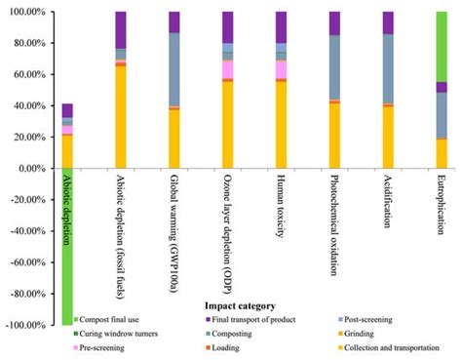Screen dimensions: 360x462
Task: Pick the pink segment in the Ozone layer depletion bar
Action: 228,69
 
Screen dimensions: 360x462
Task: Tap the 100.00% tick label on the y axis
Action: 29,13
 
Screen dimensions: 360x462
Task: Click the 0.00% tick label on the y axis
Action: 33,169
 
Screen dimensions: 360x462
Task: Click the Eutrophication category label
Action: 442,205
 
